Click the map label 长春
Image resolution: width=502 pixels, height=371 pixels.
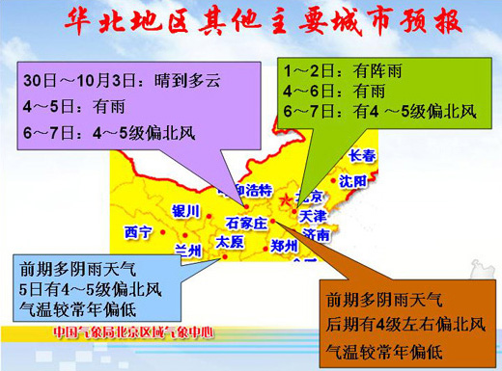point(362,156)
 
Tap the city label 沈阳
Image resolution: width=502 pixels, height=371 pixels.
point(352,180)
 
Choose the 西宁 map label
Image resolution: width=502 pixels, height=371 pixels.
point(139,232)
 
